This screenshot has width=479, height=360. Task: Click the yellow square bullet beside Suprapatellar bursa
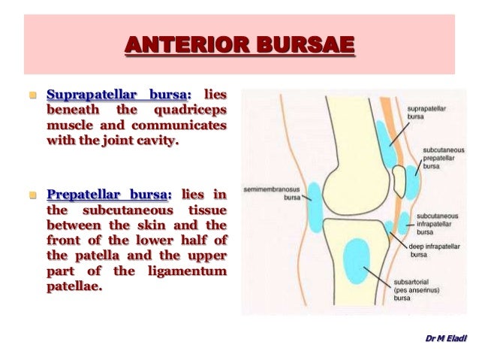click(x=32, y=97)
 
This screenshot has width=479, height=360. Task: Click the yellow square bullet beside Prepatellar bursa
click(x=32, y=198)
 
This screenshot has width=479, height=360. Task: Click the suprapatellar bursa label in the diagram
click(x=424, y=113)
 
